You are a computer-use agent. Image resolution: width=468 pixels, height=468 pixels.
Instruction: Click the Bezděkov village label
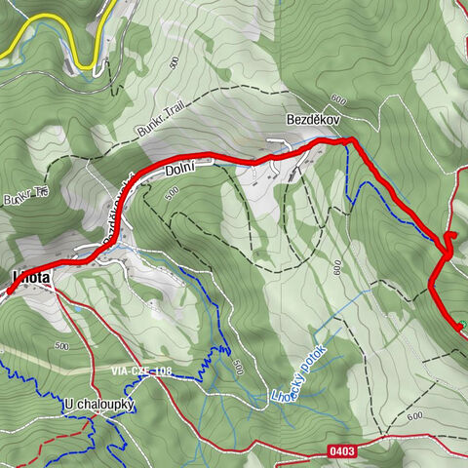312,117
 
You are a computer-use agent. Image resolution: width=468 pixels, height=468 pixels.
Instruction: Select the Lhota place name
32,277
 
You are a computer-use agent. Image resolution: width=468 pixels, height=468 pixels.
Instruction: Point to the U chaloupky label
98,405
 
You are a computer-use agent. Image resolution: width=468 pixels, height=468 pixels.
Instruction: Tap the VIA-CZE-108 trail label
141,371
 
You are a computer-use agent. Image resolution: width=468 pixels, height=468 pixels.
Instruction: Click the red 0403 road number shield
342,450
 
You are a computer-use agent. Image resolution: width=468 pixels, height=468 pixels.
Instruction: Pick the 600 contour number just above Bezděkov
338,99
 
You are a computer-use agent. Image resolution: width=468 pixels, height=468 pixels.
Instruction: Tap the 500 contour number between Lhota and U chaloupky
61,346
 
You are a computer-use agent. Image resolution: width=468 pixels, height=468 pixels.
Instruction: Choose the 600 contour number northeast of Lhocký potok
337,265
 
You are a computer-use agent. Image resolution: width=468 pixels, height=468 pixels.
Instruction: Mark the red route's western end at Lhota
10,291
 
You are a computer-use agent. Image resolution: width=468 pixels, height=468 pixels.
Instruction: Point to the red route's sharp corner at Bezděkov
351,142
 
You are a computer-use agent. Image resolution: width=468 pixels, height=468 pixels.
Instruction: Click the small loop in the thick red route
450,241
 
